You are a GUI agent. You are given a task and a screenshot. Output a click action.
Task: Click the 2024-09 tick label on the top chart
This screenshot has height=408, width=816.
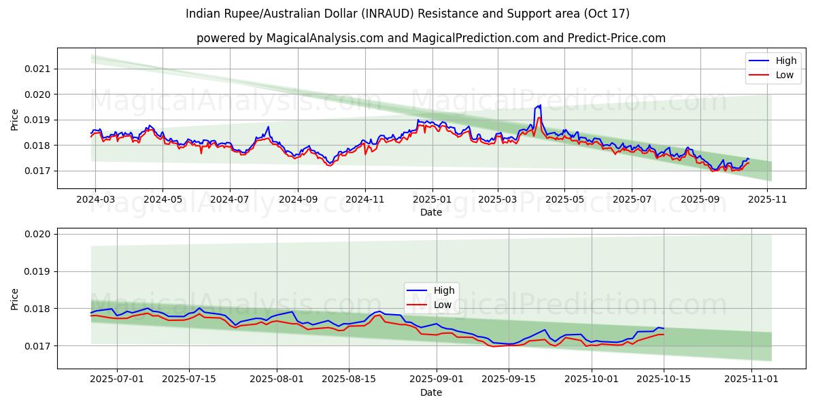click(297, 201)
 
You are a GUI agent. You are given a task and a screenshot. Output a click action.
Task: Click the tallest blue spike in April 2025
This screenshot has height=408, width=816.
click(540, 105)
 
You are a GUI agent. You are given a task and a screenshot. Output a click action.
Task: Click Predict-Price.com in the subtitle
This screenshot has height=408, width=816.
click(614, 38)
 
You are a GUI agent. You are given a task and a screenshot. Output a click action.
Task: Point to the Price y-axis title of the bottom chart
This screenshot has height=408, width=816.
click(15, 299)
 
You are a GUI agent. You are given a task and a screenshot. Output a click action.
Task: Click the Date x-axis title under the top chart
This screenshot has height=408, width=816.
click(431, 212)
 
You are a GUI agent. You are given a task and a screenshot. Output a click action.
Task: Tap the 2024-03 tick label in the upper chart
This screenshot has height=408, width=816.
click(95, 201)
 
